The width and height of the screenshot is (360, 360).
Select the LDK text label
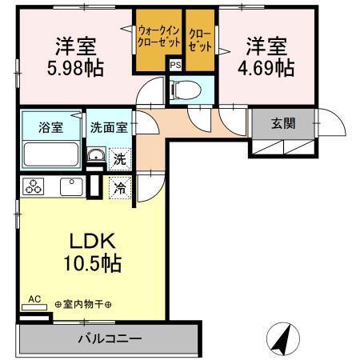point(90,241)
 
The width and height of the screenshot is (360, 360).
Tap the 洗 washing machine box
point(118,158)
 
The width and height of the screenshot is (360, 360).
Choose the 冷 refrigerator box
point(118,189)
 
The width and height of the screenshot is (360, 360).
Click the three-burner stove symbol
point(34,188)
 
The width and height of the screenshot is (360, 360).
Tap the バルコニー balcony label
point(110,338)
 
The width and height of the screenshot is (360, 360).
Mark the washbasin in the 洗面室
point(94,156)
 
